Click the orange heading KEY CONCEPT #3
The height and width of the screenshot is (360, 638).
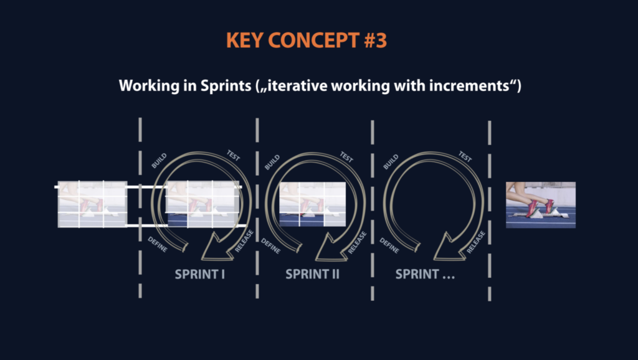(x=307, y=40)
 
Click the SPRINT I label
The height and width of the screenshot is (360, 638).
(x=200, y=274)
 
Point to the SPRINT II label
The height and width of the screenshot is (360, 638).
(x=313, y=274)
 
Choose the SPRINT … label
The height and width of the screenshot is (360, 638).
(x=425, y=274)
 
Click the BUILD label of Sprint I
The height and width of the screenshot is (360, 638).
(x=159, y=161)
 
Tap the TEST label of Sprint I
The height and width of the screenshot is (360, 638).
(x=233, y=156)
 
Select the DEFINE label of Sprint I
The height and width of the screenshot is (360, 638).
(x=158, y=245)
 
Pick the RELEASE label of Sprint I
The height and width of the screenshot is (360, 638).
(x=244, y=241)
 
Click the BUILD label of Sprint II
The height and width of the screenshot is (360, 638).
(x=272, y=162)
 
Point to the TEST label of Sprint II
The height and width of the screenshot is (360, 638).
(x=346, y=157)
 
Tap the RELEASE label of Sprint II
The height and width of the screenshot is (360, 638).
(x=357, y=243)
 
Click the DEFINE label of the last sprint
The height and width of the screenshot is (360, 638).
(x=389, y=245)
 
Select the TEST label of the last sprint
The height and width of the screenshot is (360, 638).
(x=465, y=156)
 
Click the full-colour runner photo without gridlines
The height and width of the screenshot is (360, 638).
(x=541, y=205)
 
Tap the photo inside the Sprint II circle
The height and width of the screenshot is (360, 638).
(x=313, y=204)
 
